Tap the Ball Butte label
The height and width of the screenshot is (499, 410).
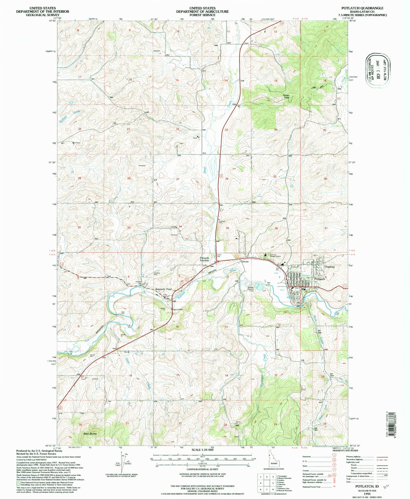click(x=90, y=434)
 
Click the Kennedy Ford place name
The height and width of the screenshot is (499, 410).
click(x=163, y=289)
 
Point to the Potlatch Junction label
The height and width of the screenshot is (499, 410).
click(x=204, y=259)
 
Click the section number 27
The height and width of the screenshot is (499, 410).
click(x=178, y=179)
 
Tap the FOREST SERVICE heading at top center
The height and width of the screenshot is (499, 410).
click(x=202, y=15)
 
